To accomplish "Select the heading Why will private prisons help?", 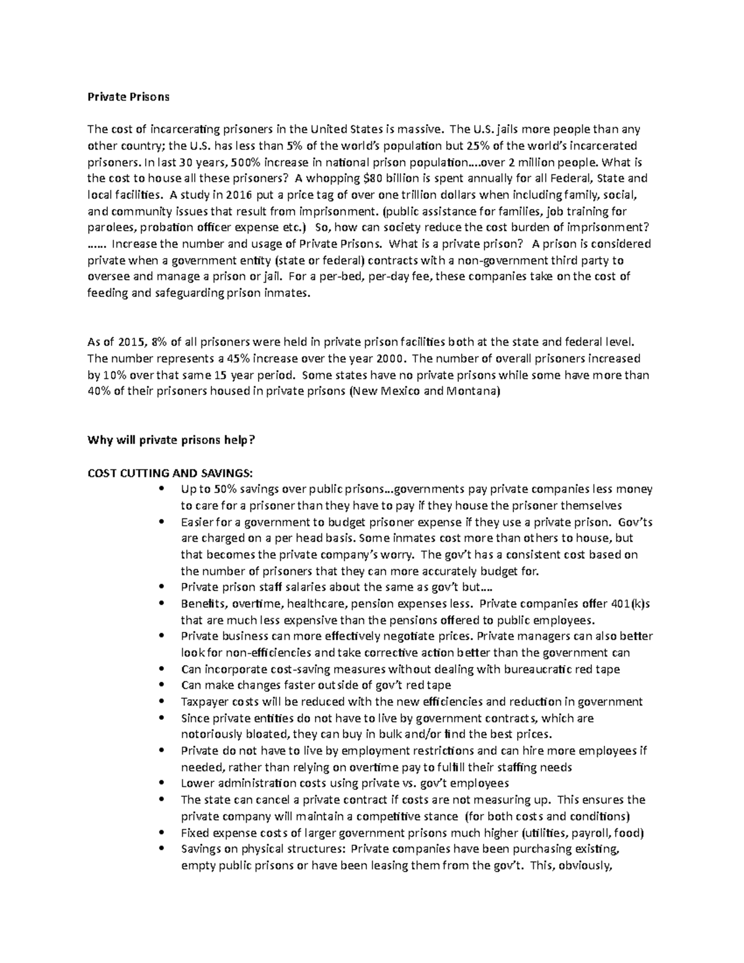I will pyautogui.click(x=171, y=440).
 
